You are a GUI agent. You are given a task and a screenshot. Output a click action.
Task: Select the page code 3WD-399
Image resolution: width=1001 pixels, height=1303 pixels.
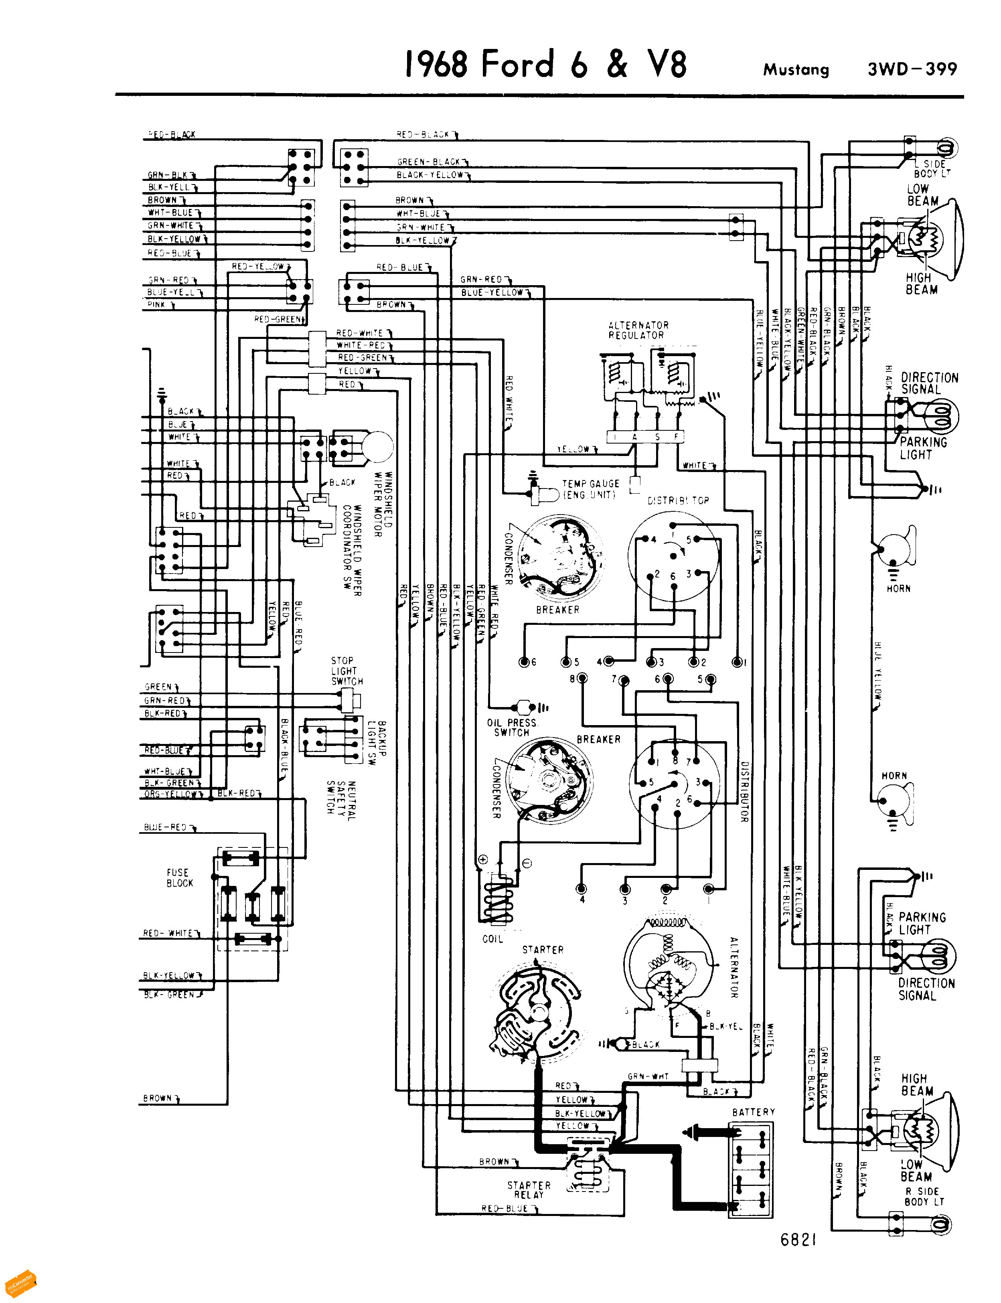pyautogui.click(x=912, y=69)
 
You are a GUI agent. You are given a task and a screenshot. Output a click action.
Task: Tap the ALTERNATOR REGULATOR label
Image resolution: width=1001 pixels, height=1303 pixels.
pyautogui.click(x=638, y=330)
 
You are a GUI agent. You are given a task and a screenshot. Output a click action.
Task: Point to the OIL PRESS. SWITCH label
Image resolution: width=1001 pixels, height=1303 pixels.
pyautogui.click(x=511, y=727)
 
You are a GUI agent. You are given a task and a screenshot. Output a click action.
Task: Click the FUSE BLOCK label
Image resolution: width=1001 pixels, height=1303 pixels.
pyautogui.click(x=179, y=877)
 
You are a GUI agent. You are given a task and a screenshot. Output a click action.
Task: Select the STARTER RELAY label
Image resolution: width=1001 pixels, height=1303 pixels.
pyautogui.click(x=529, y=1190)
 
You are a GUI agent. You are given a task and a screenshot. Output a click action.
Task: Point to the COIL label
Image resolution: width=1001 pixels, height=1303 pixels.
pyautogui.click(x=492, y=939)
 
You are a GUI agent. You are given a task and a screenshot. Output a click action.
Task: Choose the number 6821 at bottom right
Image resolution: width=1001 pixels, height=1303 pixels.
pyautogui.click(x=798, y=1240)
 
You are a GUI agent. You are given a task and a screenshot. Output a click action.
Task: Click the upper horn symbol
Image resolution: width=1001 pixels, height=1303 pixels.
pyautogui.click(x=894, y=548)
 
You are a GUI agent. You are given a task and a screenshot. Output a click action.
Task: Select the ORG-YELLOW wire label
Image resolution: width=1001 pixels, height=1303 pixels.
pyautogui.click(x=172, y=794)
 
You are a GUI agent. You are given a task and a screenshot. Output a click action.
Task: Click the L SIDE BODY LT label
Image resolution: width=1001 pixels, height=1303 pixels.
pyautogui.click(x=932, y=168)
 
